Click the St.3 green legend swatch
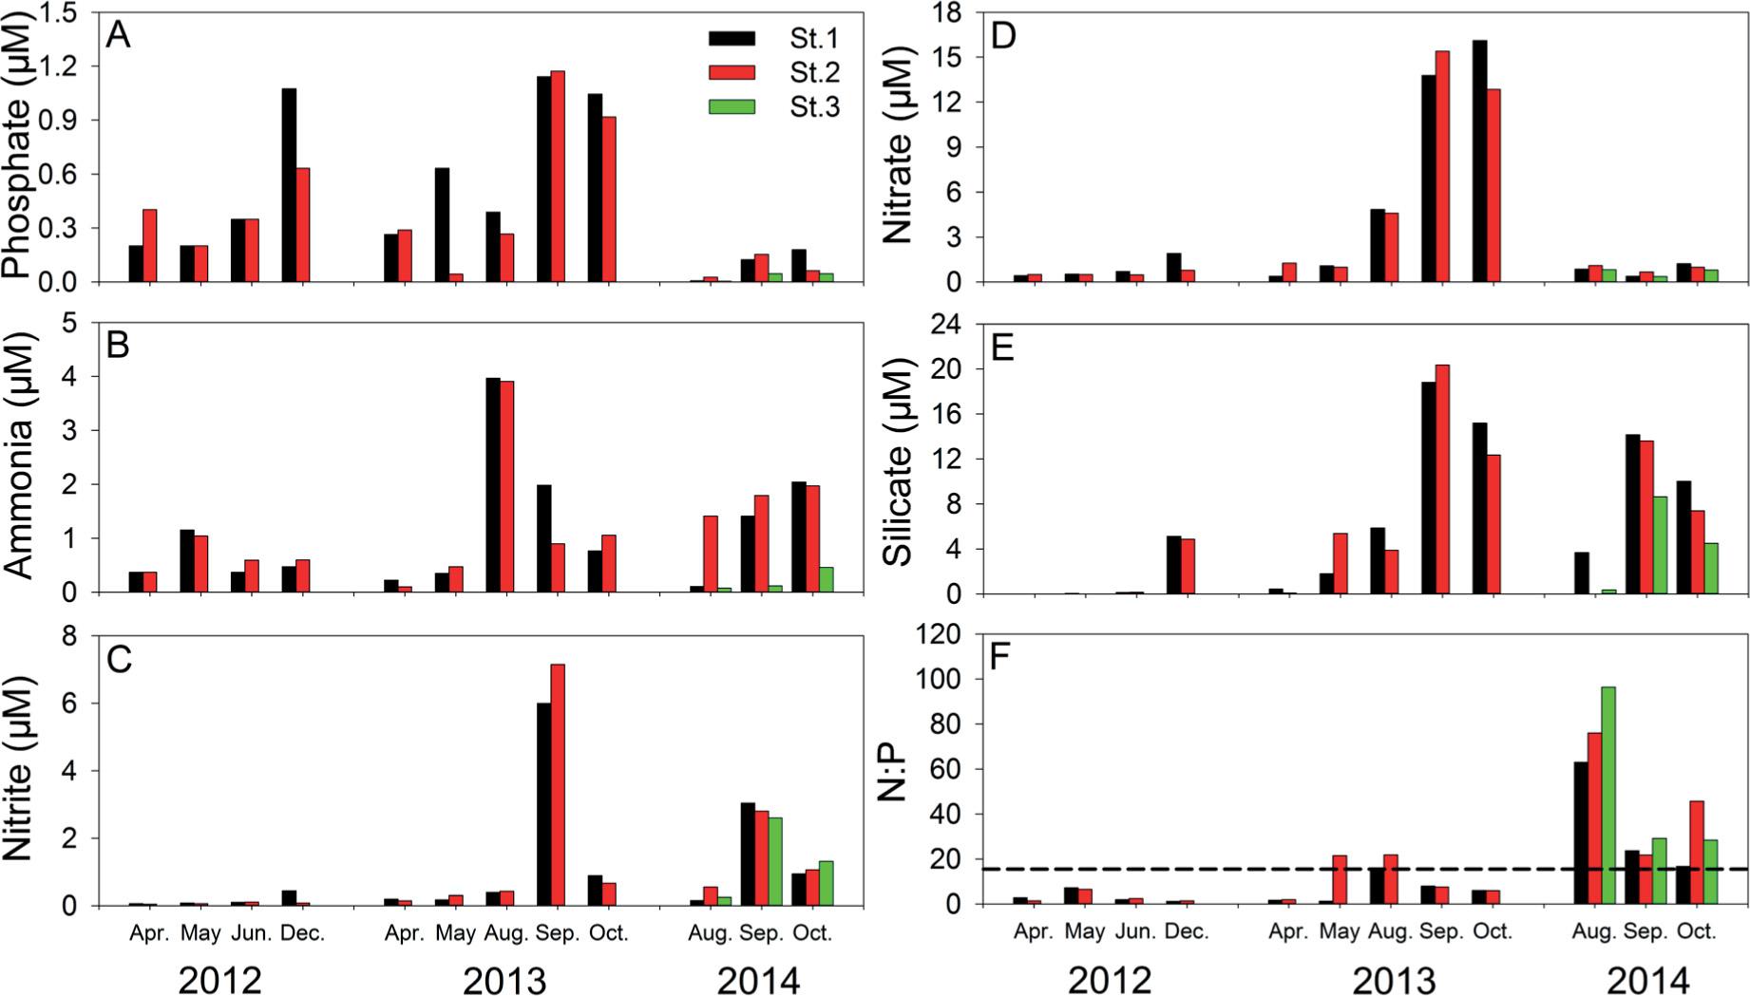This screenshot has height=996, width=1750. point(732,107)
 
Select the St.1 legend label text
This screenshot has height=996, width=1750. point(814,39)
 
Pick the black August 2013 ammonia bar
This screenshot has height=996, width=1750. point(493,484)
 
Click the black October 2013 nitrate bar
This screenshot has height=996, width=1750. point(1479,161)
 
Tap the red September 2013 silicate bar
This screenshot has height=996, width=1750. point(1442,479)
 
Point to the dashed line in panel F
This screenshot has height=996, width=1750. point(1235,869)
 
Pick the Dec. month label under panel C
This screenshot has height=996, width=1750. point(303,933)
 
